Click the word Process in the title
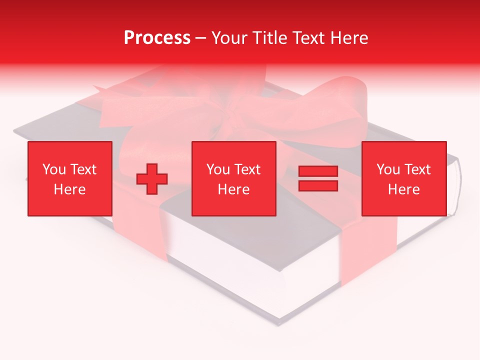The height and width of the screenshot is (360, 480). coord(157,38)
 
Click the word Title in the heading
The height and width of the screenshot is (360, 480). coord(270,38)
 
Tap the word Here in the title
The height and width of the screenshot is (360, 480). coord(349,38)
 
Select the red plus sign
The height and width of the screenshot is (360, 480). coord(152,178)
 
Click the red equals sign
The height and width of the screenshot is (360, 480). coord(318,178)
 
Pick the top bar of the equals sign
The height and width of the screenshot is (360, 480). coord(318,171)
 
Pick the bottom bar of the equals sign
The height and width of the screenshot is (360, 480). coord(318,185)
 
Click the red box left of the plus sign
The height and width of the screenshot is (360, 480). coord(70,178)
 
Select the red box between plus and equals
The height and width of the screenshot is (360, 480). coord(234,178)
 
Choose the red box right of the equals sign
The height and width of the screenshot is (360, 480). coord(404,178)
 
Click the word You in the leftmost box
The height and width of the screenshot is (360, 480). coord(54,169)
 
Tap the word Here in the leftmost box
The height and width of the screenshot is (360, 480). coord(70,189)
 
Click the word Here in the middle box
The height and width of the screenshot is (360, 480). coord(234,189)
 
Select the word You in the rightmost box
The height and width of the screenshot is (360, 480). coord(388,169)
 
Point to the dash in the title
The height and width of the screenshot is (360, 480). coord(201,38)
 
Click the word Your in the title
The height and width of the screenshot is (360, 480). coord(230,38)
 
